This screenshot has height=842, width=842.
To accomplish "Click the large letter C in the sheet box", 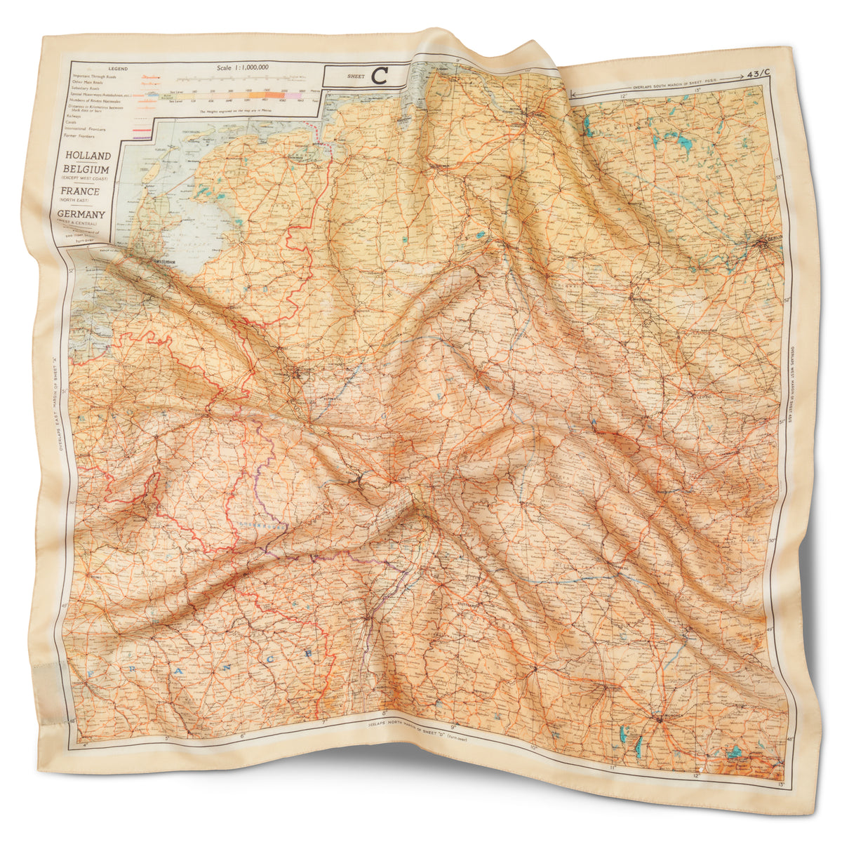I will pos(380,75).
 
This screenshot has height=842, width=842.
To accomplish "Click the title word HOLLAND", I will pos(87,156).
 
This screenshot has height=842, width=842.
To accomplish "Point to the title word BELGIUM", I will pos(85,170).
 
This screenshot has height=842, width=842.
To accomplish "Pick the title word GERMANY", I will pos(81,214).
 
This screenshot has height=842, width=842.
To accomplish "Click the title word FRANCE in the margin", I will pos(79,191).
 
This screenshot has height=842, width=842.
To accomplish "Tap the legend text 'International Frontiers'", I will pos(86,129).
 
